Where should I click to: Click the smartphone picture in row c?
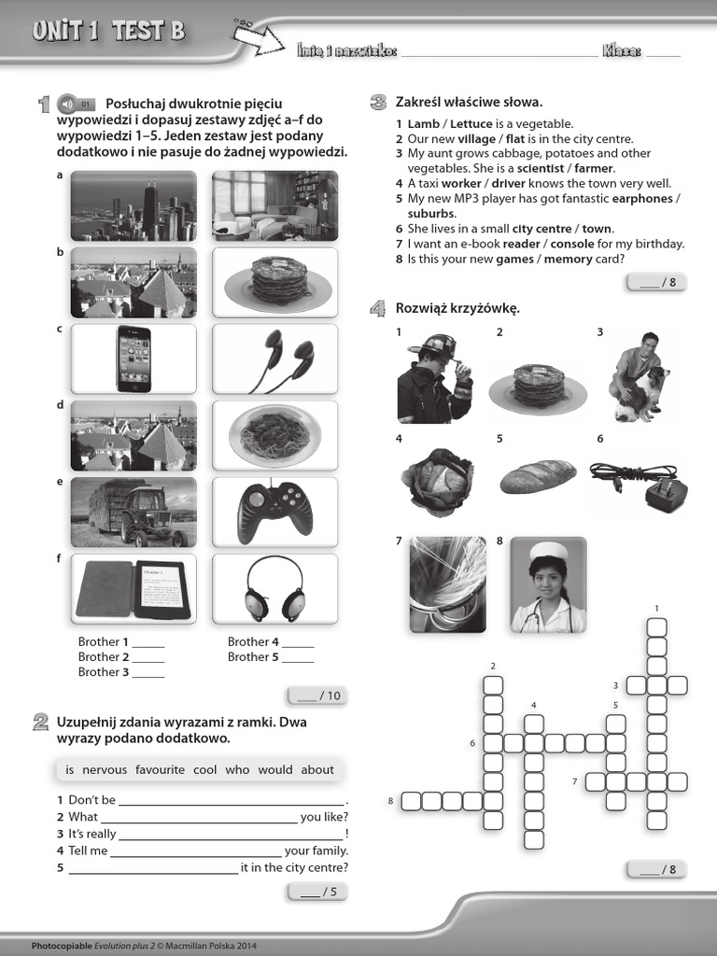click(134, 358)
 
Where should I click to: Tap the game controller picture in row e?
click(274, 513)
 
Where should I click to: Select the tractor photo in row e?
click(134, 513)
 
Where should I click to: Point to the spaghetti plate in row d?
click(274, 435)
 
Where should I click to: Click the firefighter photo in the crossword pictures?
click(434, 378)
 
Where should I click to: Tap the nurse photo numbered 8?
click(548, 584)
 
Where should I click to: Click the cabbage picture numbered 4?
click(437, 481)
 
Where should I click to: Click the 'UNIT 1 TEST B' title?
click(108, 33)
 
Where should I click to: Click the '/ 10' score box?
click(317, 696)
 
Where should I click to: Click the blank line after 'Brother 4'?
click(298, 643)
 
